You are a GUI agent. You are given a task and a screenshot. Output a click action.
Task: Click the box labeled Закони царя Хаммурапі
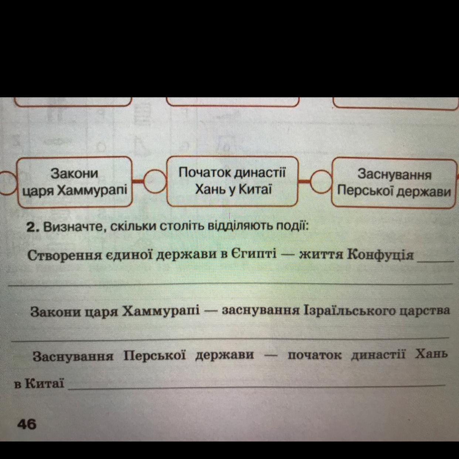coord(74,181)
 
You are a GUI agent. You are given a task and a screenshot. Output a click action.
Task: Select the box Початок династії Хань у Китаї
coord(232,181)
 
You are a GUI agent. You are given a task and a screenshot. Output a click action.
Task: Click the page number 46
coord(27,424)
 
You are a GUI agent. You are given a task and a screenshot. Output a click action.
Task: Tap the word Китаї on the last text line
coord(44,383)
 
